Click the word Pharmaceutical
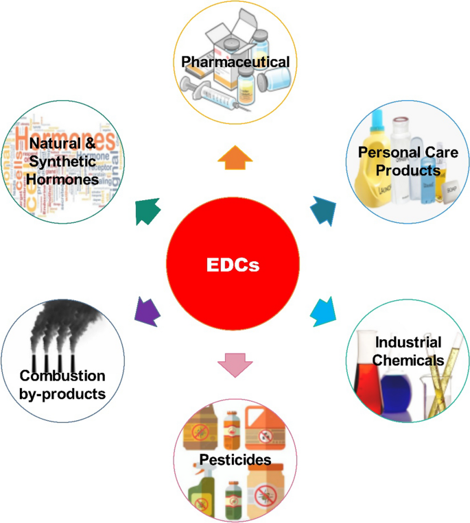coord(235,62)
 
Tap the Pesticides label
coord(235,459)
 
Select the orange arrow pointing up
coord(235,157)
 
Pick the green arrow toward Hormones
coord(148,211)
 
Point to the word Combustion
coord(62,376)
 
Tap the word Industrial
coord(408,342)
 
